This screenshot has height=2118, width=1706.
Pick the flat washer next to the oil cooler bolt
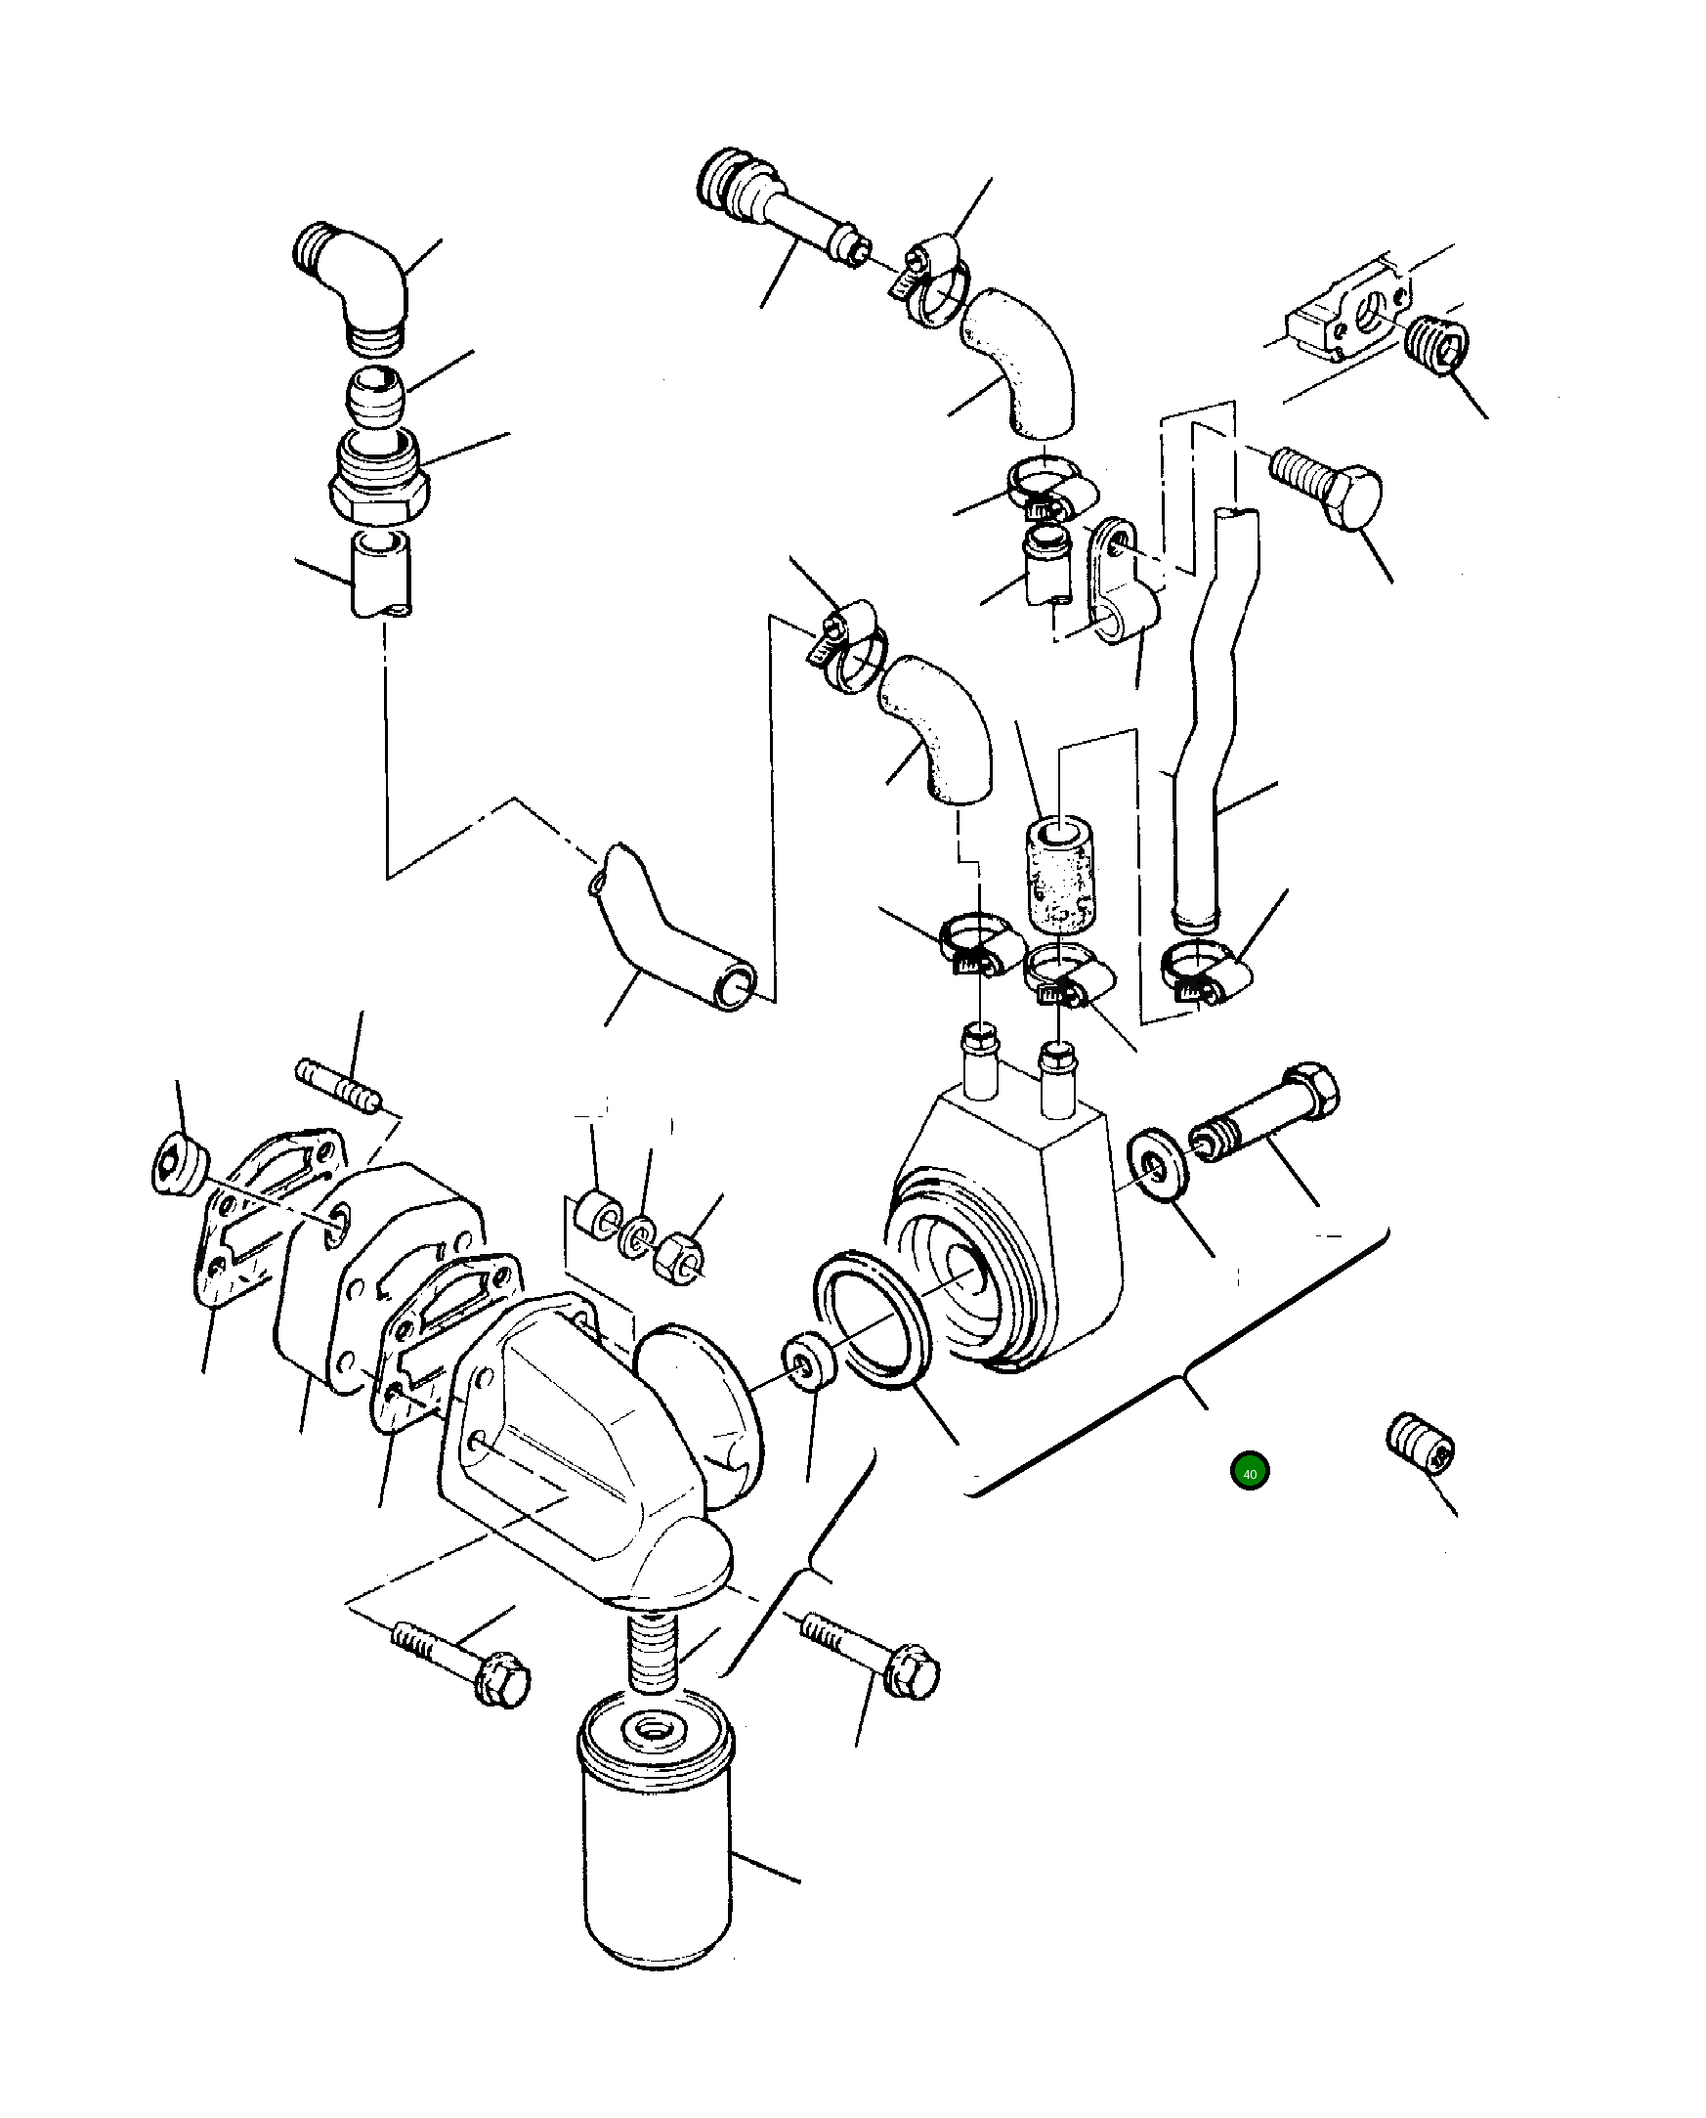pos(1159,1166)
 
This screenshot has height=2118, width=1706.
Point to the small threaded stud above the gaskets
pos(337,1086)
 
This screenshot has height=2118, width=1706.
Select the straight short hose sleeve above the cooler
pos(1059,871)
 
